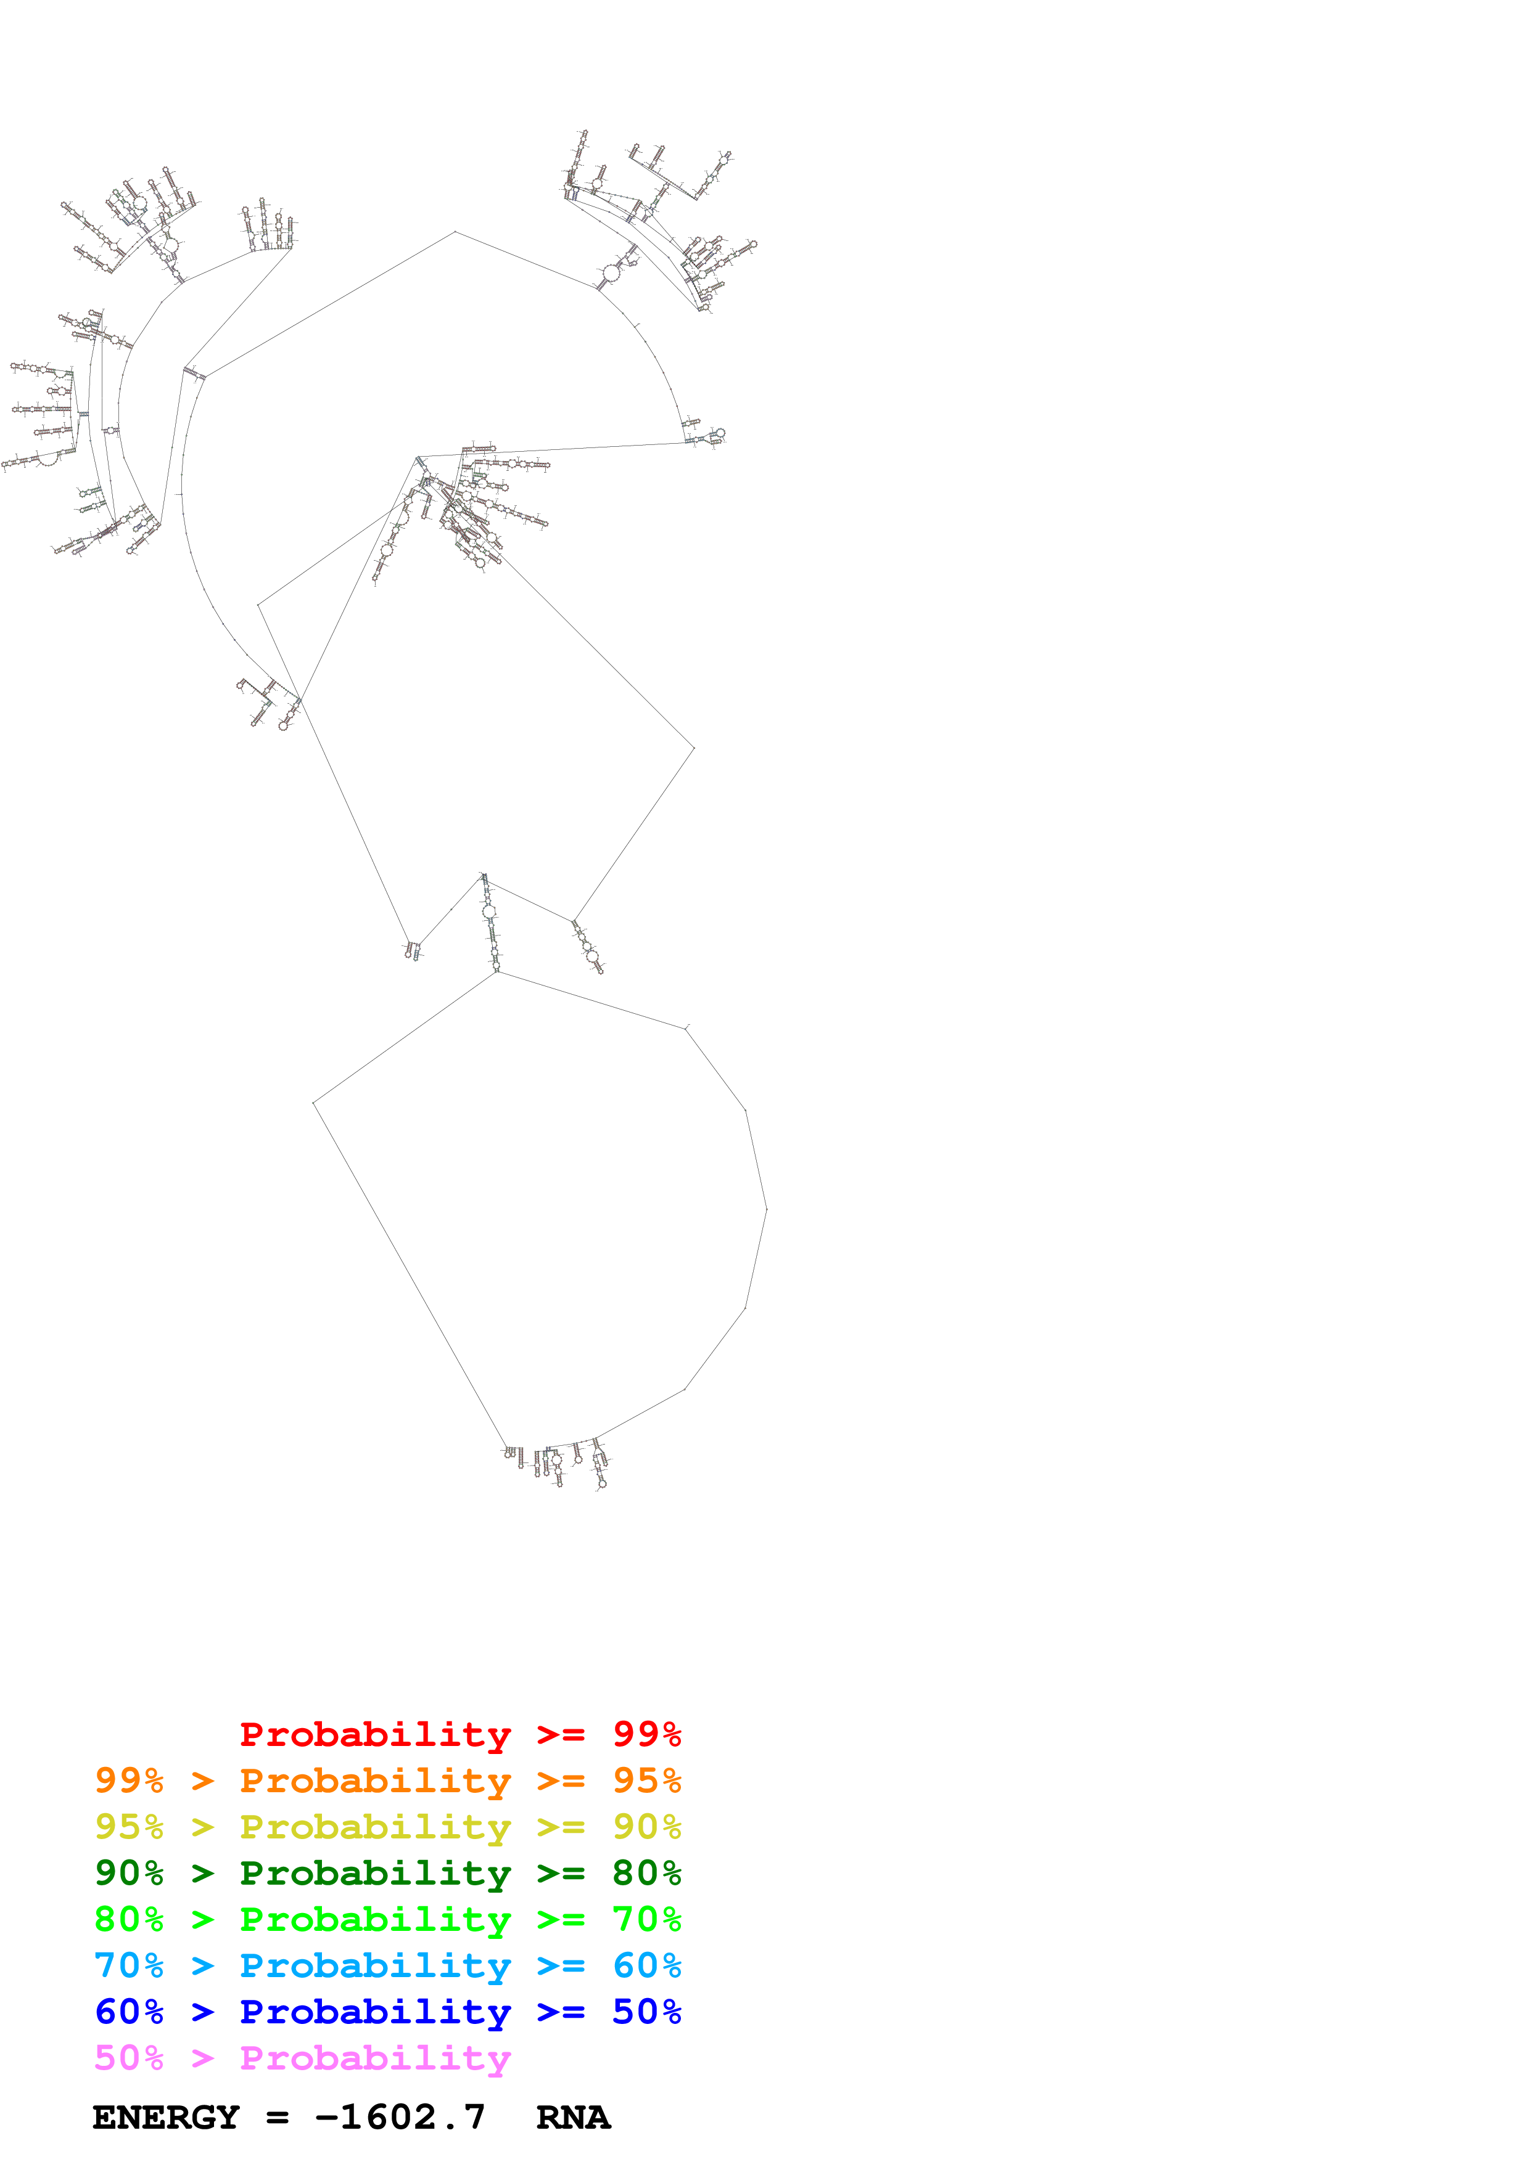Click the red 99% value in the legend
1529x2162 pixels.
pyautogui.click(x=646, y=1734)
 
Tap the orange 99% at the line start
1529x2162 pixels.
pyautogui.click(x=129, y=1781)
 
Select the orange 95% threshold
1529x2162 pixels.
pyautogui.click(x=646, y=1781)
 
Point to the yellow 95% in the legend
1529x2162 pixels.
pyautogui.click(x=129, y=1827)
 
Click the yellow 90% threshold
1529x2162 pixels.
pyautogui.click(x=646, y=1827)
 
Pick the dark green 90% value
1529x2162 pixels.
pyautogui.click(x=129, y=1873)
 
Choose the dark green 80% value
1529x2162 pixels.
pyautogui.click(x=646, y=1873)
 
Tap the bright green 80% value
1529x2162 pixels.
pyautogui.click(x=129, y=1919)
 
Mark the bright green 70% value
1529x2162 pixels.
pyautogui.click(x=646, y=1919)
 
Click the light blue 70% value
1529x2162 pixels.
pyautogui.click(x=129, y=1965)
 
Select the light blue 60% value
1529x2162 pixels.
pyautogui.click(x=646, y=1965)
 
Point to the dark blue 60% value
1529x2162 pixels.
pyautogui.click(x=129, y=2012)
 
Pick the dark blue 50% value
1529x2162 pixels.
pyautogui.click(x=646, y=2012)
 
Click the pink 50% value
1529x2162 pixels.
pyautogui.click(x=129, y=2057)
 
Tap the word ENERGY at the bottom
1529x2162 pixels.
pyautogui.click(x=166, y=2118)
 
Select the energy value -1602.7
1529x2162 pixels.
pyautogui.click(x=400, y=2118)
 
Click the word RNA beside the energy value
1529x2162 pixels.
pyautogui.click(x=573, y=2118)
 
